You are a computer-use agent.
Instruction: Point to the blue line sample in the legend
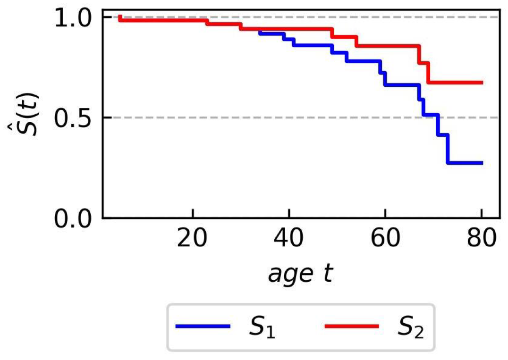(x=203, y=327)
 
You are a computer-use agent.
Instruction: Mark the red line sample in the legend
(x=351, y=327)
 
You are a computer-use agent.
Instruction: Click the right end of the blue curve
(x=482, y=163)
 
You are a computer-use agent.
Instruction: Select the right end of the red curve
(x=482, y=83)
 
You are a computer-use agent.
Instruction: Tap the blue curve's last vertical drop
(x=447, y=149)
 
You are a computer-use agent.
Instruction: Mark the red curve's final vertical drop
(x=428, y=73)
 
